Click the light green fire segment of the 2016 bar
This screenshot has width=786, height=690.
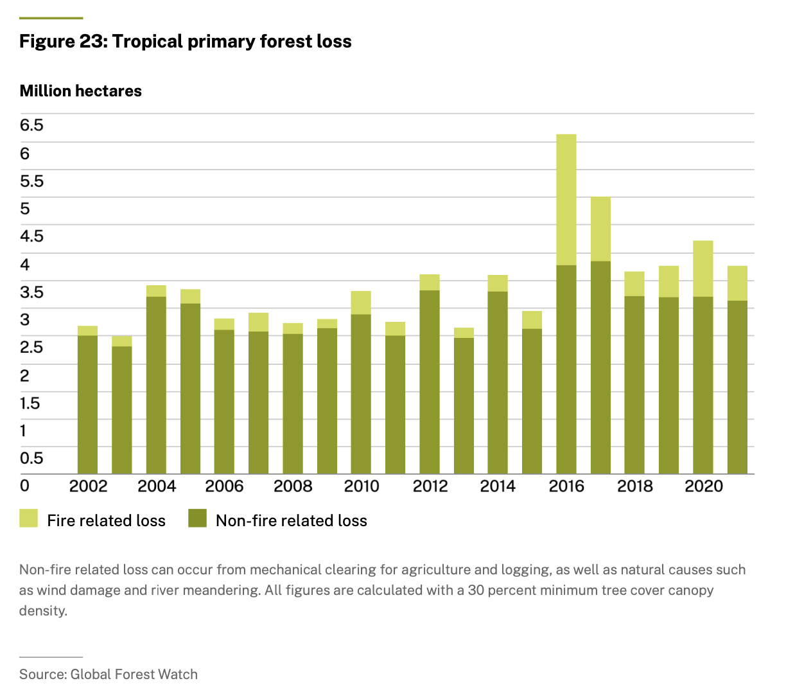[566, 199]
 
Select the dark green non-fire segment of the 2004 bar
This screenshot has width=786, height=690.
[156, 385]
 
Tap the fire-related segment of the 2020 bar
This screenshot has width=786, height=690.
[703, 269]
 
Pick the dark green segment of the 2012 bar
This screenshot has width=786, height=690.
[430, 382]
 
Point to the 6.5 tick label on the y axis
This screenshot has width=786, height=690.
[31, 125]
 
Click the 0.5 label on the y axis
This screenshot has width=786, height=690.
[31, 458]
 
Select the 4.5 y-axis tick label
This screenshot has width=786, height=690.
[31, 236]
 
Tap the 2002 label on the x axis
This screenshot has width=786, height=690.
[88, 486]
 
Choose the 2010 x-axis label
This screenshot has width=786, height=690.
[362, 486]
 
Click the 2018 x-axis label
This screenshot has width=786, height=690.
[634, 486]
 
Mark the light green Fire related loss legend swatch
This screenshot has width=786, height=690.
[29, 518]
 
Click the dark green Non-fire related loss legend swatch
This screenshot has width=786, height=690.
[197, 518]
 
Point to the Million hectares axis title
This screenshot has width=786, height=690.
[80, 91]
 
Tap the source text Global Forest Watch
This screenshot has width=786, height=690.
[134, 674]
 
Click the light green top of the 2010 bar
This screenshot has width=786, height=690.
[361, 303]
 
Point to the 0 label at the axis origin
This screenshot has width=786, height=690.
[24, 486]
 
